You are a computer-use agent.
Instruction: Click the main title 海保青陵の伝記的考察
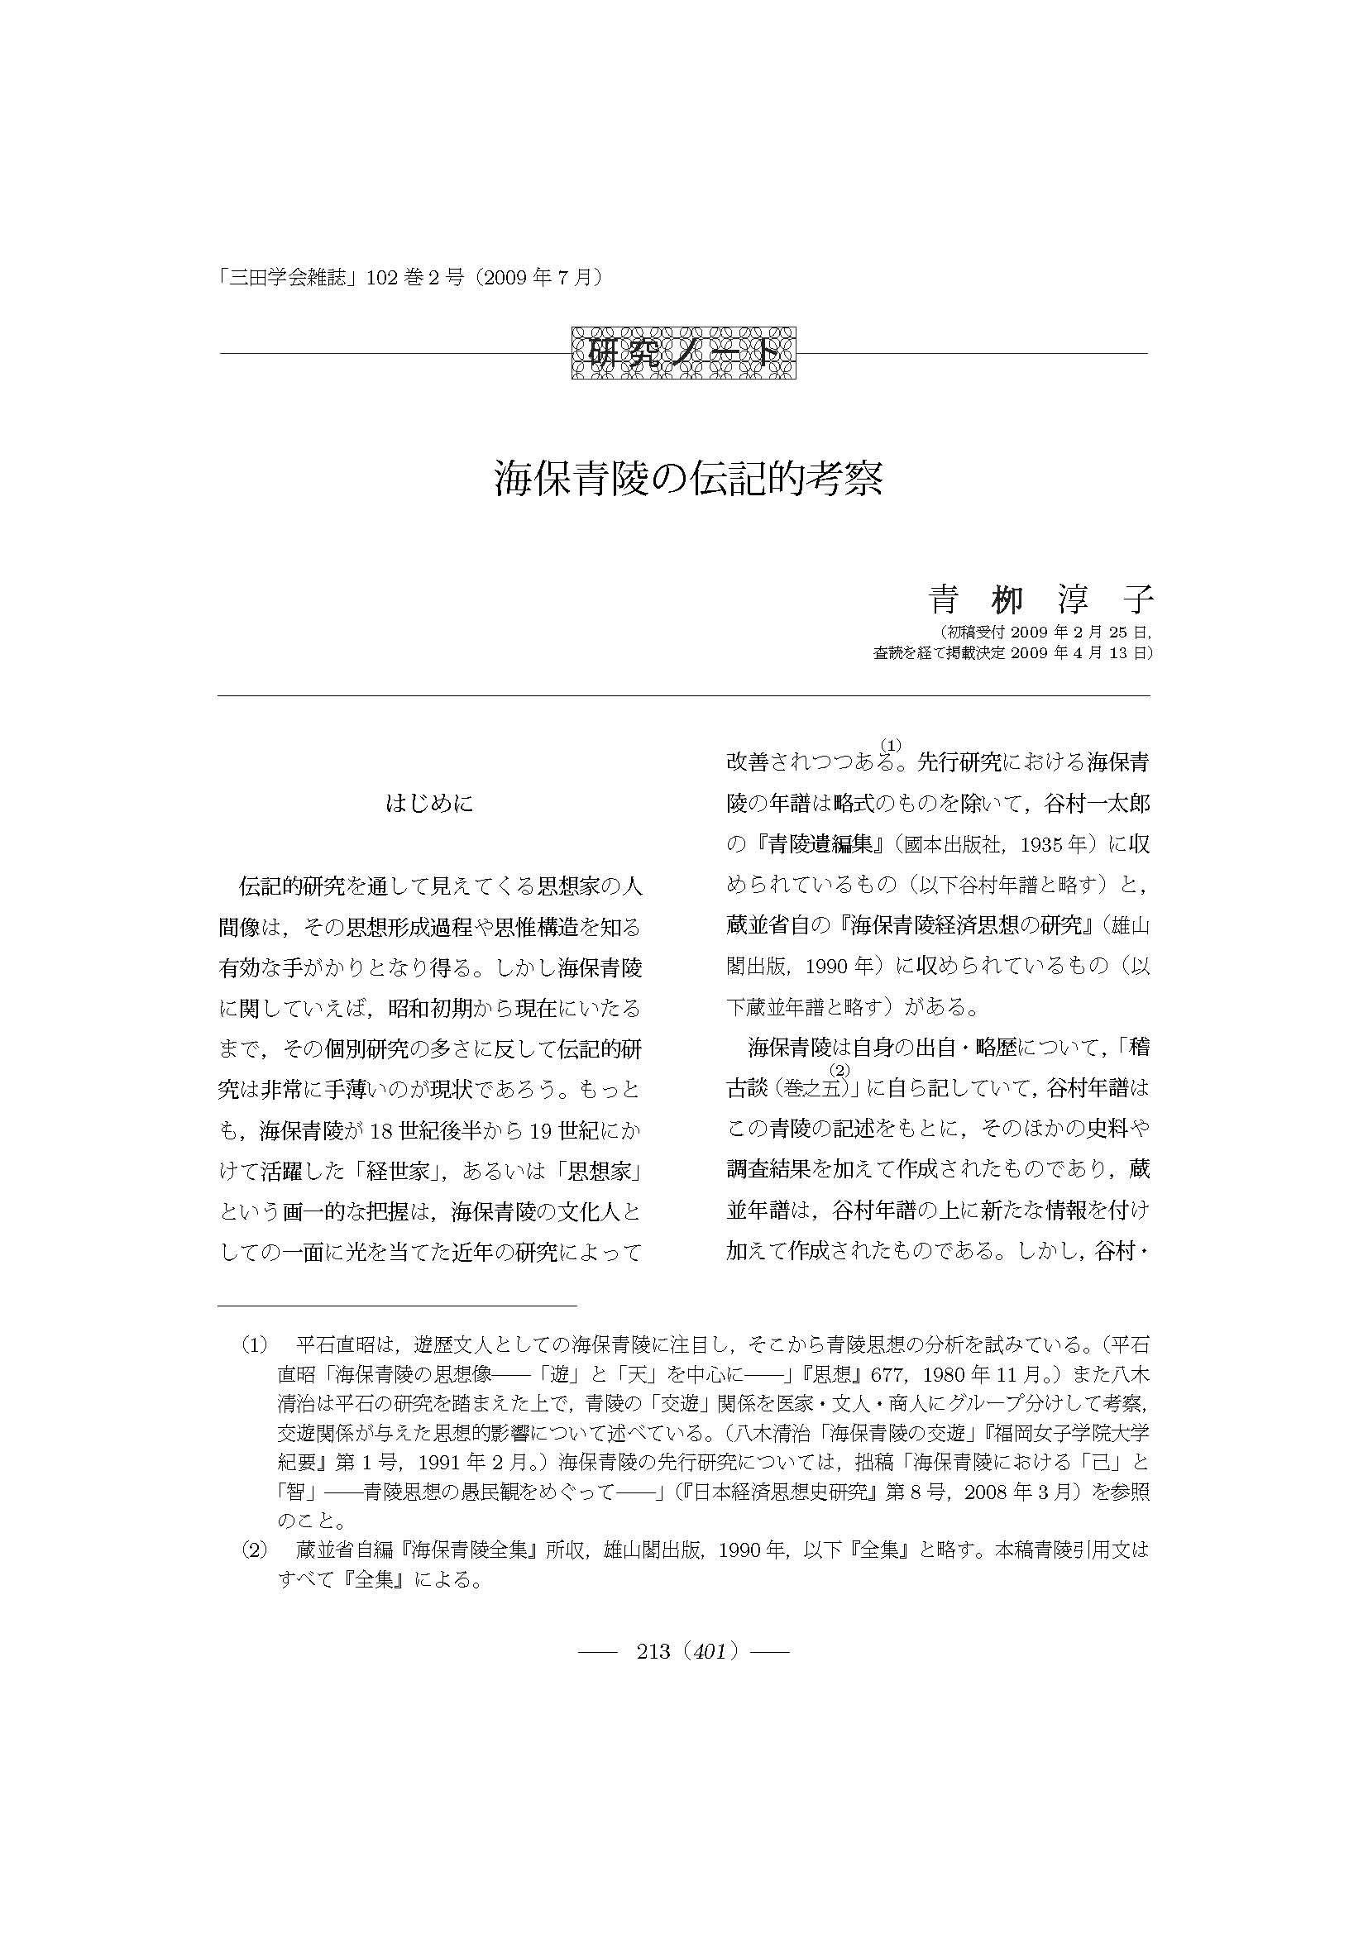click(687, 480)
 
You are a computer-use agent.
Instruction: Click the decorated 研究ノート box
click(684, 352)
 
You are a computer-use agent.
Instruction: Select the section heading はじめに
click(428, 804)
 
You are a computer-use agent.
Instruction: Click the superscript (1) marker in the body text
click(892, 744)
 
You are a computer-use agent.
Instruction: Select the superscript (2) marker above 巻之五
click(837, 1071)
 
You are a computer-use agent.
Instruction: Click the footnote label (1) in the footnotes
click(256, 1344)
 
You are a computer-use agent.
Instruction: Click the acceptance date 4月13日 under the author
click(1103, 652)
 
